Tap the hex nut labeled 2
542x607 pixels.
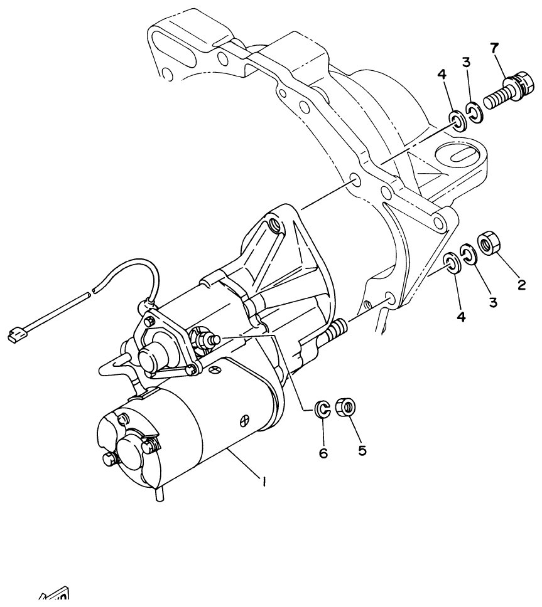(489, 243)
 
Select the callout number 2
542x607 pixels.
(521, 284)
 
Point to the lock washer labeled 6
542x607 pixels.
(322, 410)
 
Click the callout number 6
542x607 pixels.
(323, 453)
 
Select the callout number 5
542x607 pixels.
(362, 450)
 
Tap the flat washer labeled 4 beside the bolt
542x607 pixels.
(458, 120)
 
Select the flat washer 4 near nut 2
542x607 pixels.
(451, 262)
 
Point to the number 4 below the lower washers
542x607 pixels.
(461, 317)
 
